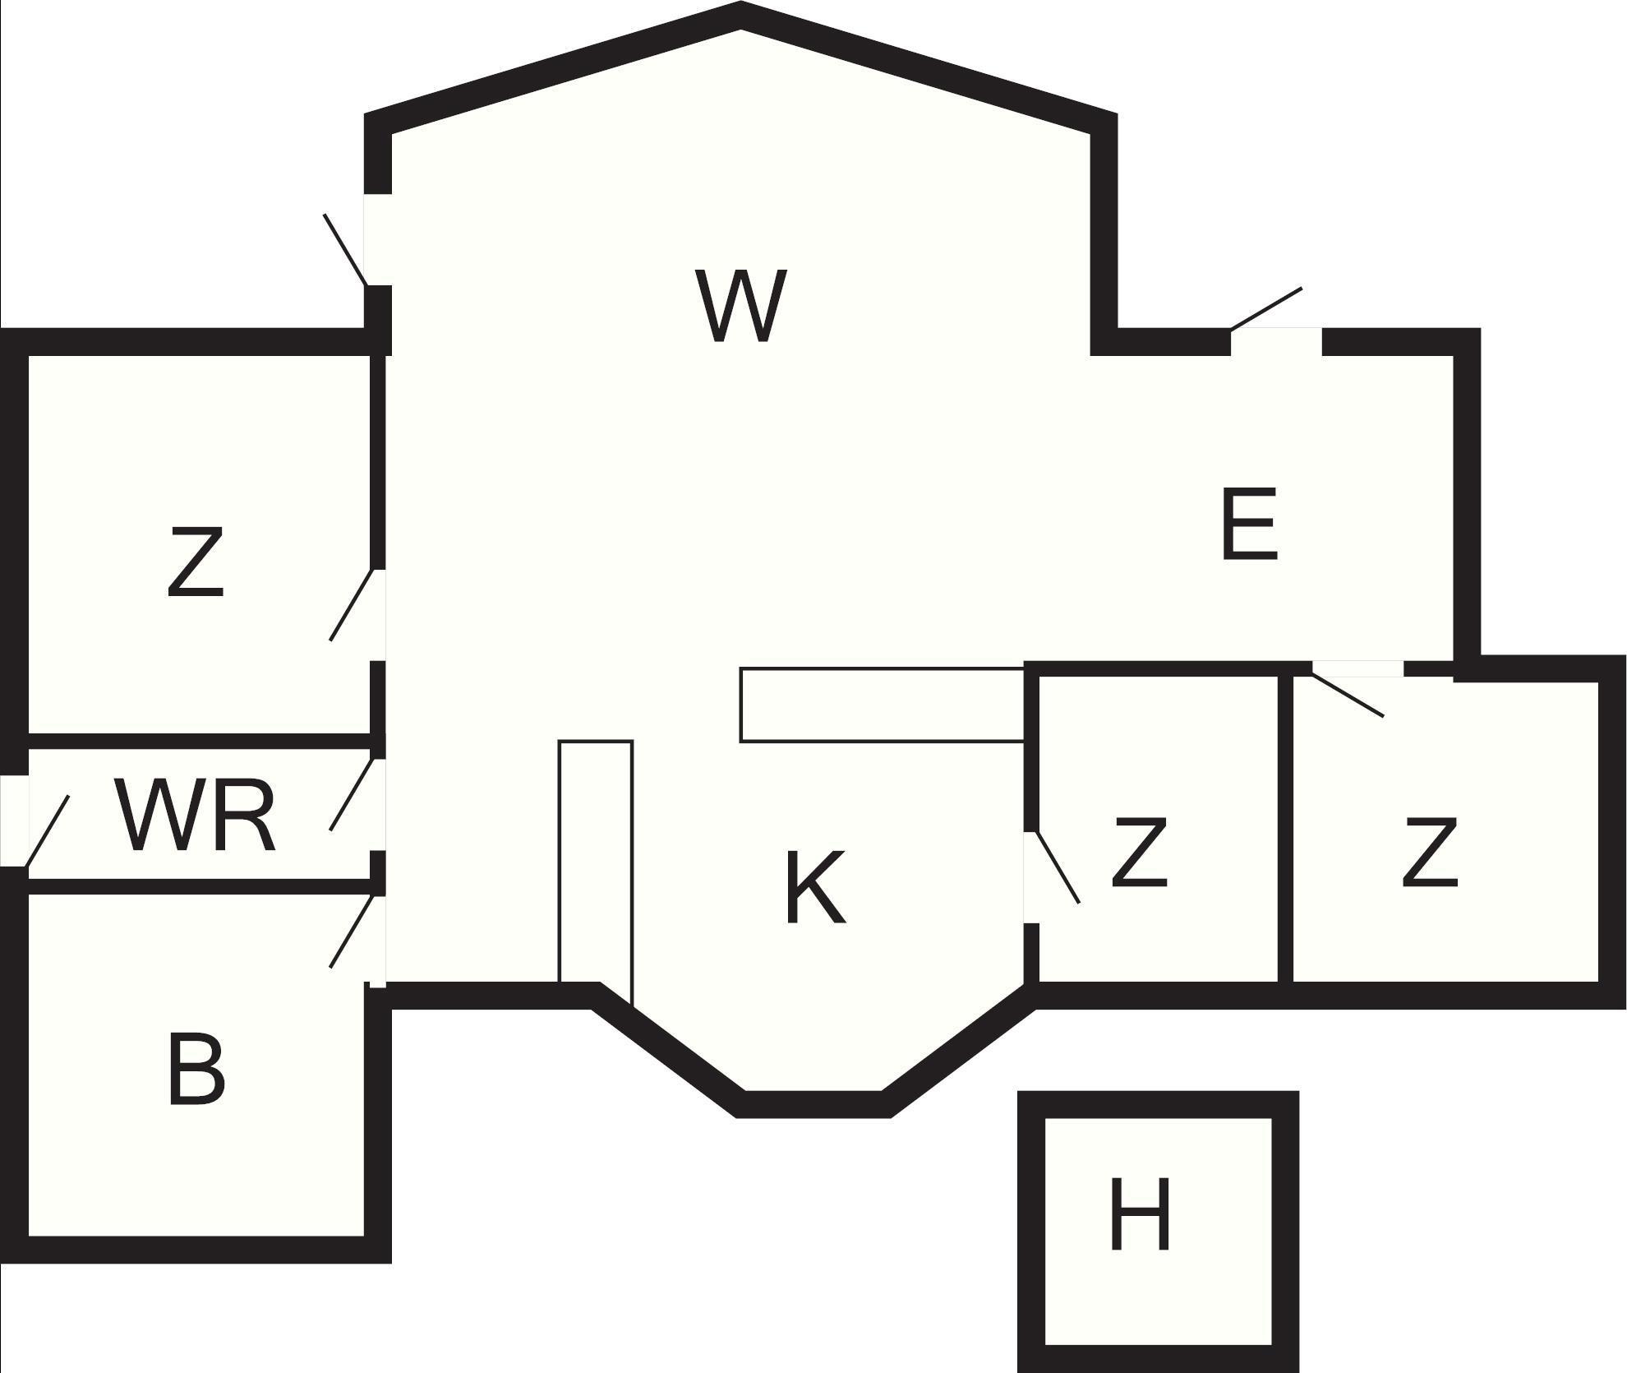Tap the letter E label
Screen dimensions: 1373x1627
(1249, 525)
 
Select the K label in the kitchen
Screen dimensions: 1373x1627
(814, 888)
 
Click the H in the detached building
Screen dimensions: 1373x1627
(1139, 1214)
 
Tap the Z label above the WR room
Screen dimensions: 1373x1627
(196, 563)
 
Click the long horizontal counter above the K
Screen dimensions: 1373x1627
(882, 705)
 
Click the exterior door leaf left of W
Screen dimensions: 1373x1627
(345, 250)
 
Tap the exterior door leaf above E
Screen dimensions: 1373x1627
(1266, 308)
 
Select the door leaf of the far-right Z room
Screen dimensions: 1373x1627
(1348, 696)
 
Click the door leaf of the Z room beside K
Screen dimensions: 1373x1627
(1058, 868)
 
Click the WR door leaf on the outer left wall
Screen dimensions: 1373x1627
(48, 830)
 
